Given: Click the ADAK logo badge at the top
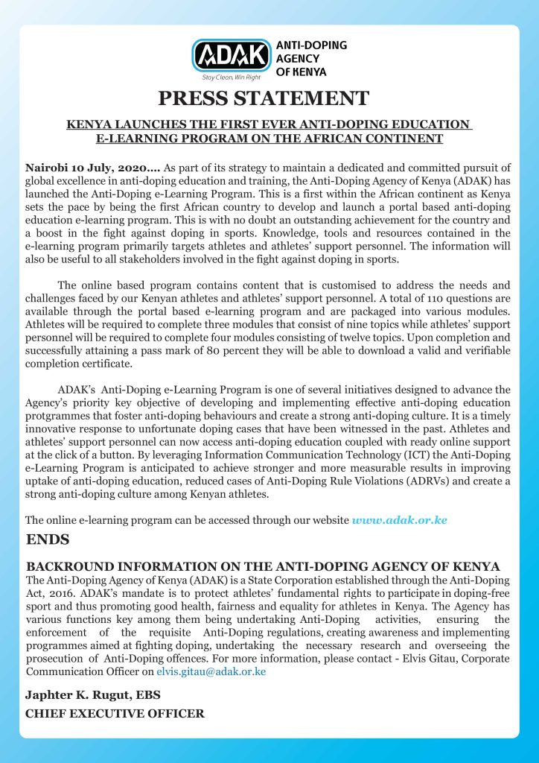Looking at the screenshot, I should [x=232, y=56].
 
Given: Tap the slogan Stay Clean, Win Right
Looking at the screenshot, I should [x=232, y=77].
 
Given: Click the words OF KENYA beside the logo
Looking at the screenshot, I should [x=307, y=72].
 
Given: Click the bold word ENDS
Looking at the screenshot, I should [x=48, y=538].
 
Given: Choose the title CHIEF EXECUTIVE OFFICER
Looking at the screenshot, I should [x=115, y=714].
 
